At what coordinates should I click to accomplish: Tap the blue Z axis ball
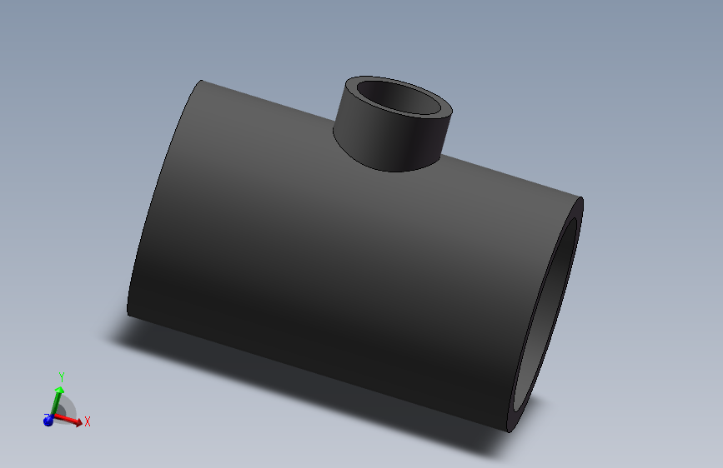click(48, 421)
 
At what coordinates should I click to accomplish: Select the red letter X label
click(87, 421)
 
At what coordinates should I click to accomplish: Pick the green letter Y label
click(61, 378)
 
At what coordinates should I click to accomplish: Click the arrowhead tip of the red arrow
click(81, 424)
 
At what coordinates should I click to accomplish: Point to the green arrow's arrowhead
click(60, 389)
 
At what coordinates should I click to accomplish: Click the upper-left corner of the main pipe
click(202, 81)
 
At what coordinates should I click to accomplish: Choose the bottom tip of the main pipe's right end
click(510, 431)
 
